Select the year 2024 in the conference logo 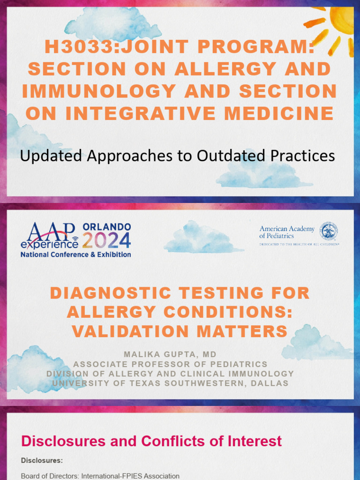coord(107,240)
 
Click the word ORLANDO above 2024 coord(107,227)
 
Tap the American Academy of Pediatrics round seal coord(329,232)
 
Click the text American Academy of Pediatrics coord(287,232)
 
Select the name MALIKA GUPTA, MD coord(170,354)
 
